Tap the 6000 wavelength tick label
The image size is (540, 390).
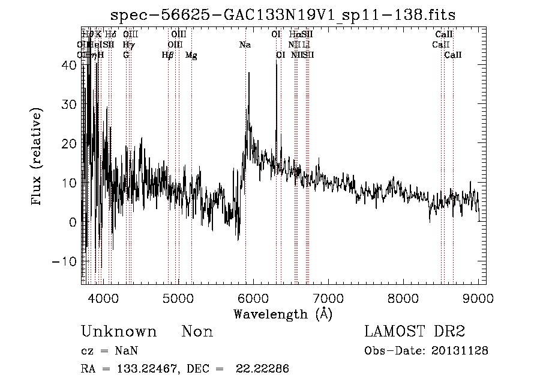coord(253,297)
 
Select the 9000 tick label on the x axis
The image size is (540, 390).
coord(478,297)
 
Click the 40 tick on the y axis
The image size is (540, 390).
coord(70,66)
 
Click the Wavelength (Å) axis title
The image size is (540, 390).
coord(283,314)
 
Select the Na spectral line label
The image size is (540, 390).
coord(245,45)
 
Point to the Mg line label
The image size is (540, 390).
coord(191,55)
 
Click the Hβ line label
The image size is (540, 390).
coord(167,55)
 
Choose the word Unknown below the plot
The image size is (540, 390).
coord(119,332)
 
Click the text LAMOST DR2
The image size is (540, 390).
coord(415,332)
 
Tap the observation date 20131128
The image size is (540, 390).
coord(460,351)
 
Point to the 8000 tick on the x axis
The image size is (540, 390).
coord(403,297)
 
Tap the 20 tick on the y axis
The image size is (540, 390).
coord(70,144)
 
